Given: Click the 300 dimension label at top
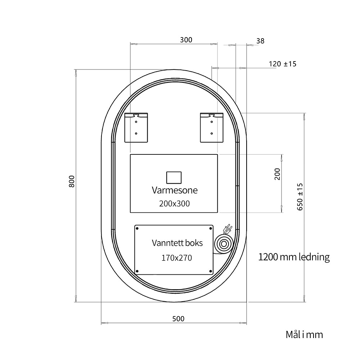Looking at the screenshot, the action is [186, 40].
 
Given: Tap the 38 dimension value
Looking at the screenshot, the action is [260, 41].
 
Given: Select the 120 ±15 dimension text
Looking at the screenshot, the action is [283, 64].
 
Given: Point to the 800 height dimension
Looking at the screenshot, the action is [72, 181].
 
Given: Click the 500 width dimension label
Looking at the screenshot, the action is [179, 319].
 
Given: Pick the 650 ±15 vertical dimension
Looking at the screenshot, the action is [300, 197].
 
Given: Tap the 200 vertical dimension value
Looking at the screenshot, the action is [277, 174].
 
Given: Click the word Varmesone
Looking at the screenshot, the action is [175, 190].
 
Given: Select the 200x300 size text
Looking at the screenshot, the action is [175, 204].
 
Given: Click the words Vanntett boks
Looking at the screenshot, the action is [177, 243].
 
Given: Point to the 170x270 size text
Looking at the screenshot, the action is [176, 258].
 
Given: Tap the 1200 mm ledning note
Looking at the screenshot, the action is [294, 257].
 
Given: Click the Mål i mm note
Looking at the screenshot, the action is [304, 335].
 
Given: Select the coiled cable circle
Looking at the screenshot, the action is [224, 244].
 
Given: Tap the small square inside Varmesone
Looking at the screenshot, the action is [174, 178].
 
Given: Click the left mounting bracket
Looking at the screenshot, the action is [136, 128].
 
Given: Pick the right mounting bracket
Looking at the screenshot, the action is [212, 128].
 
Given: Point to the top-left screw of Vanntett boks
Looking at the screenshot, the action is [137, 229].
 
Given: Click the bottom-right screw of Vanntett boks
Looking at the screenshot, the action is [211, 271].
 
